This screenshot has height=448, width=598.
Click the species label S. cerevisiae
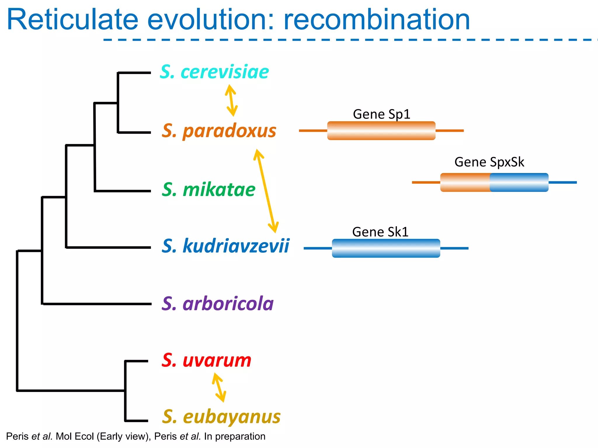(x=214, y=72)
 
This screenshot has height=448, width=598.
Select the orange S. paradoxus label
(x=219, y=131)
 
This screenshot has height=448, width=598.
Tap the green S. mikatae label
(x=208, y=190)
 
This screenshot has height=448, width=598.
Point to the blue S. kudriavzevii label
(x=225, y=246)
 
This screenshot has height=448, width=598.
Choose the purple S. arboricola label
(x=218, y=304)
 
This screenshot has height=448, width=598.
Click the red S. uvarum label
(x=206, y=360)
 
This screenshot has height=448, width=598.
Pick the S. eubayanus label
(x=221, y=417)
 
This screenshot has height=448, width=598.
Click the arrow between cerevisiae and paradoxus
(x=231, y=100)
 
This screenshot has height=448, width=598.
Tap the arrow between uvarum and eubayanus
(x=219, y=388)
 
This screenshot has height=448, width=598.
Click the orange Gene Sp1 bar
(x=381, y=131)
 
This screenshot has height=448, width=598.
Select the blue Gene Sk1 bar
(x=386, y=248)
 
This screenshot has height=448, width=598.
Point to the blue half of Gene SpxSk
(x=519, y=182)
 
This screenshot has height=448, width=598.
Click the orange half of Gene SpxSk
(x=465, y=182)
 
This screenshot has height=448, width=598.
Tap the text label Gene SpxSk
(x=489, y=162)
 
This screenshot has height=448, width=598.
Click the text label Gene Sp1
(x=381, y=114)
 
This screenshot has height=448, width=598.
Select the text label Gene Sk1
(x=380, y=232)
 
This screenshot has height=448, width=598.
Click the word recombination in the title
(x=377, y=20)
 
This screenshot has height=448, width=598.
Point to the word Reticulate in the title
(x=72, y=20)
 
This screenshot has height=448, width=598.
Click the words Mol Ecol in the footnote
(x=75, y=436)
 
